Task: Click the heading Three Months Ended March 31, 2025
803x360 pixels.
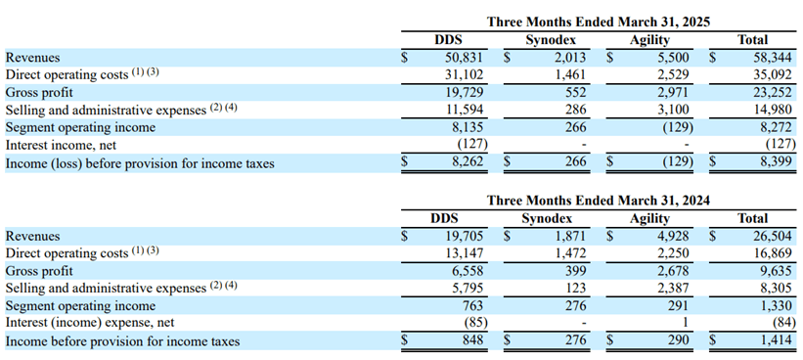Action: (x=598, y=22)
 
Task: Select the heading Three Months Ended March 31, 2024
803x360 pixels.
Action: (x=598, y=200)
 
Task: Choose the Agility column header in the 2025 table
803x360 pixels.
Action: (x=650, y=40)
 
